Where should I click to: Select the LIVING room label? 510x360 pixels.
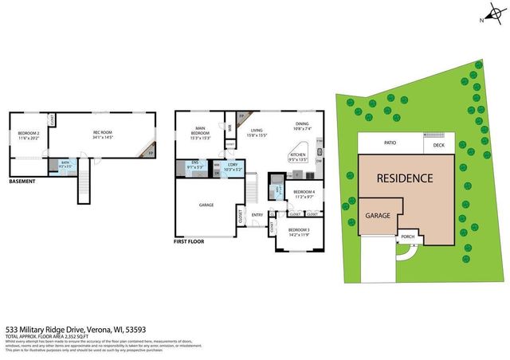pos(256,131)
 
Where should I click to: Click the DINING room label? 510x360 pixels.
pos(302,124)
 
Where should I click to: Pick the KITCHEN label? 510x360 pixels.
pos(297,155)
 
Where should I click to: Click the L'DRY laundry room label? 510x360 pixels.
pos(232,167)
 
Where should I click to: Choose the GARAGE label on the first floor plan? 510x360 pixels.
pos(206,205)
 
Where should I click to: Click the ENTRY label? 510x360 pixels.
pos(257,214)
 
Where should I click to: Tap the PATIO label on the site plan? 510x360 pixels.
pos(390,143)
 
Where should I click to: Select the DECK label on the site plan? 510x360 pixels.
pos(438,145)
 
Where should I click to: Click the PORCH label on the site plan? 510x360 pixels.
pos(408,237)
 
